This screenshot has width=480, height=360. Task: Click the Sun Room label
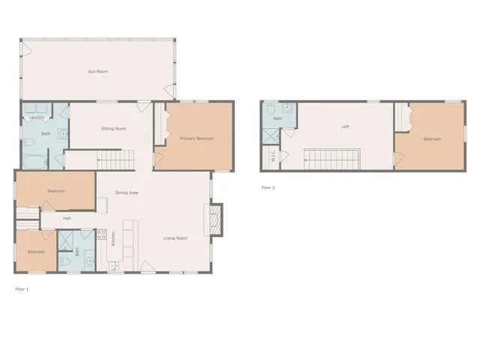coord(97,71)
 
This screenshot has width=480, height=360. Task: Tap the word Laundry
coord(35,118)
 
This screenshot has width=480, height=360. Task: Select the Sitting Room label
coord(113,129)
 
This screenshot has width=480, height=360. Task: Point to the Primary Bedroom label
coord(196,139)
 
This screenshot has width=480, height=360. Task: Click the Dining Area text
coord(126,193)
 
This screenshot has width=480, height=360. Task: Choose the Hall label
coord(67,218)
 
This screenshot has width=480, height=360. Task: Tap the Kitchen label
coord(113,239)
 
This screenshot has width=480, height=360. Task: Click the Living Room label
coord(175,238)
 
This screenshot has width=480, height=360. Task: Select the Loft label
coord(345,126)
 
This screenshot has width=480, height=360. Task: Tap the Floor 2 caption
coord(268,187)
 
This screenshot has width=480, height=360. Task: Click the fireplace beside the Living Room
coord(214,219)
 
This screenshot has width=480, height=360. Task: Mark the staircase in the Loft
coord(331,159)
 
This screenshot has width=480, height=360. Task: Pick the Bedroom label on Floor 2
coord(431,139)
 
